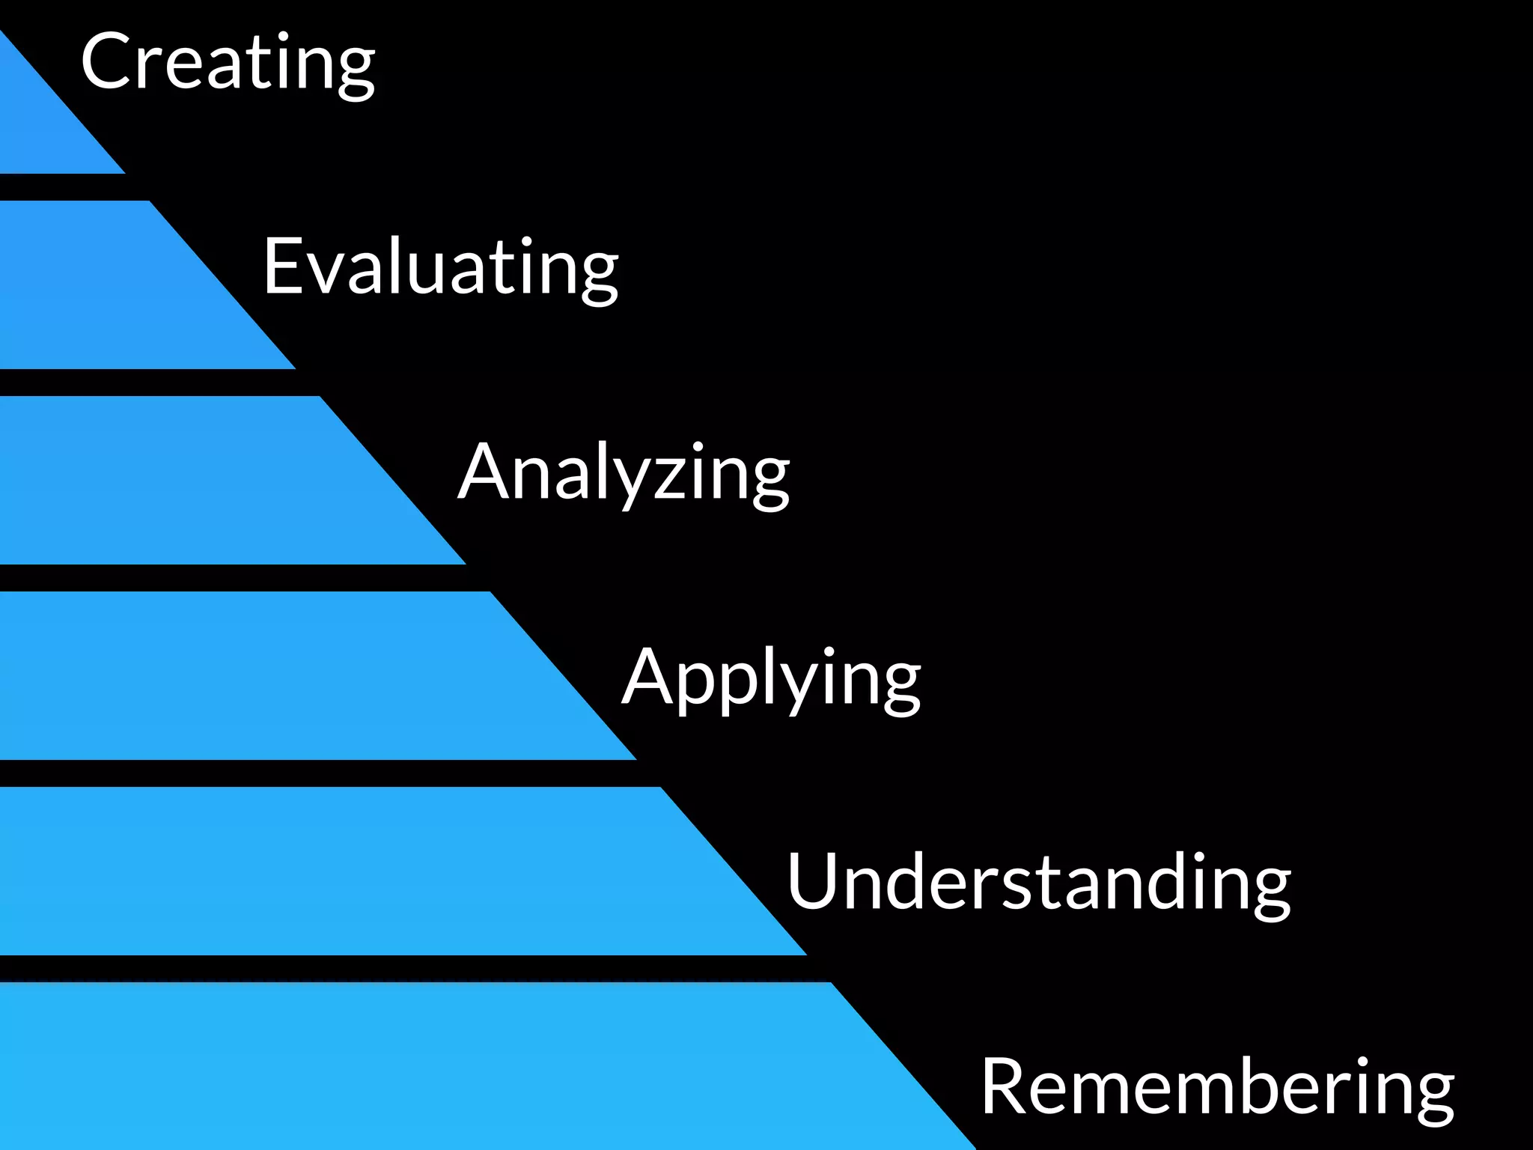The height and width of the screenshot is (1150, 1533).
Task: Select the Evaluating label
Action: coord(440,267)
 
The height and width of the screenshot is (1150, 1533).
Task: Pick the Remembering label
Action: coord(1218,1087)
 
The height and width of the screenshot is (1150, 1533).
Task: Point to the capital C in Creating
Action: coord(109,61)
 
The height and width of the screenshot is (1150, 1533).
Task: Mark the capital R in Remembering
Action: coord(1007,1086)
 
